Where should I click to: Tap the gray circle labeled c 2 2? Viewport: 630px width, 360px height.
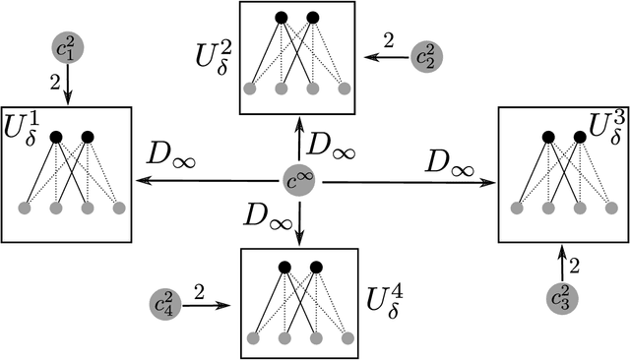(x=428, y=56)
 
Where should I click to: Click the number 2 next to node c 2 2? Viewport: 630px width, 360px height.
(x=388, y=40)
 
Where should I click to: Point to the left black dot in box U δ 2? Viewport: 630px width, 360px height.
(x=283, y=17)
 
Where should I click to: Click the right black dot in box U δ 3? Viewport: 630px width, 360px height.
(x=581, y=136)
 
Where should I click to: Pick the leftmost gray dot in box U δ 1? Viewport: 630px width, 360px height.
(x=26, y=208)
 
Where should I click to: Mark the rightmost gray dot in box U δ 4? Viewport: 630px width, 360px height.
(x=346, y=338)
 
